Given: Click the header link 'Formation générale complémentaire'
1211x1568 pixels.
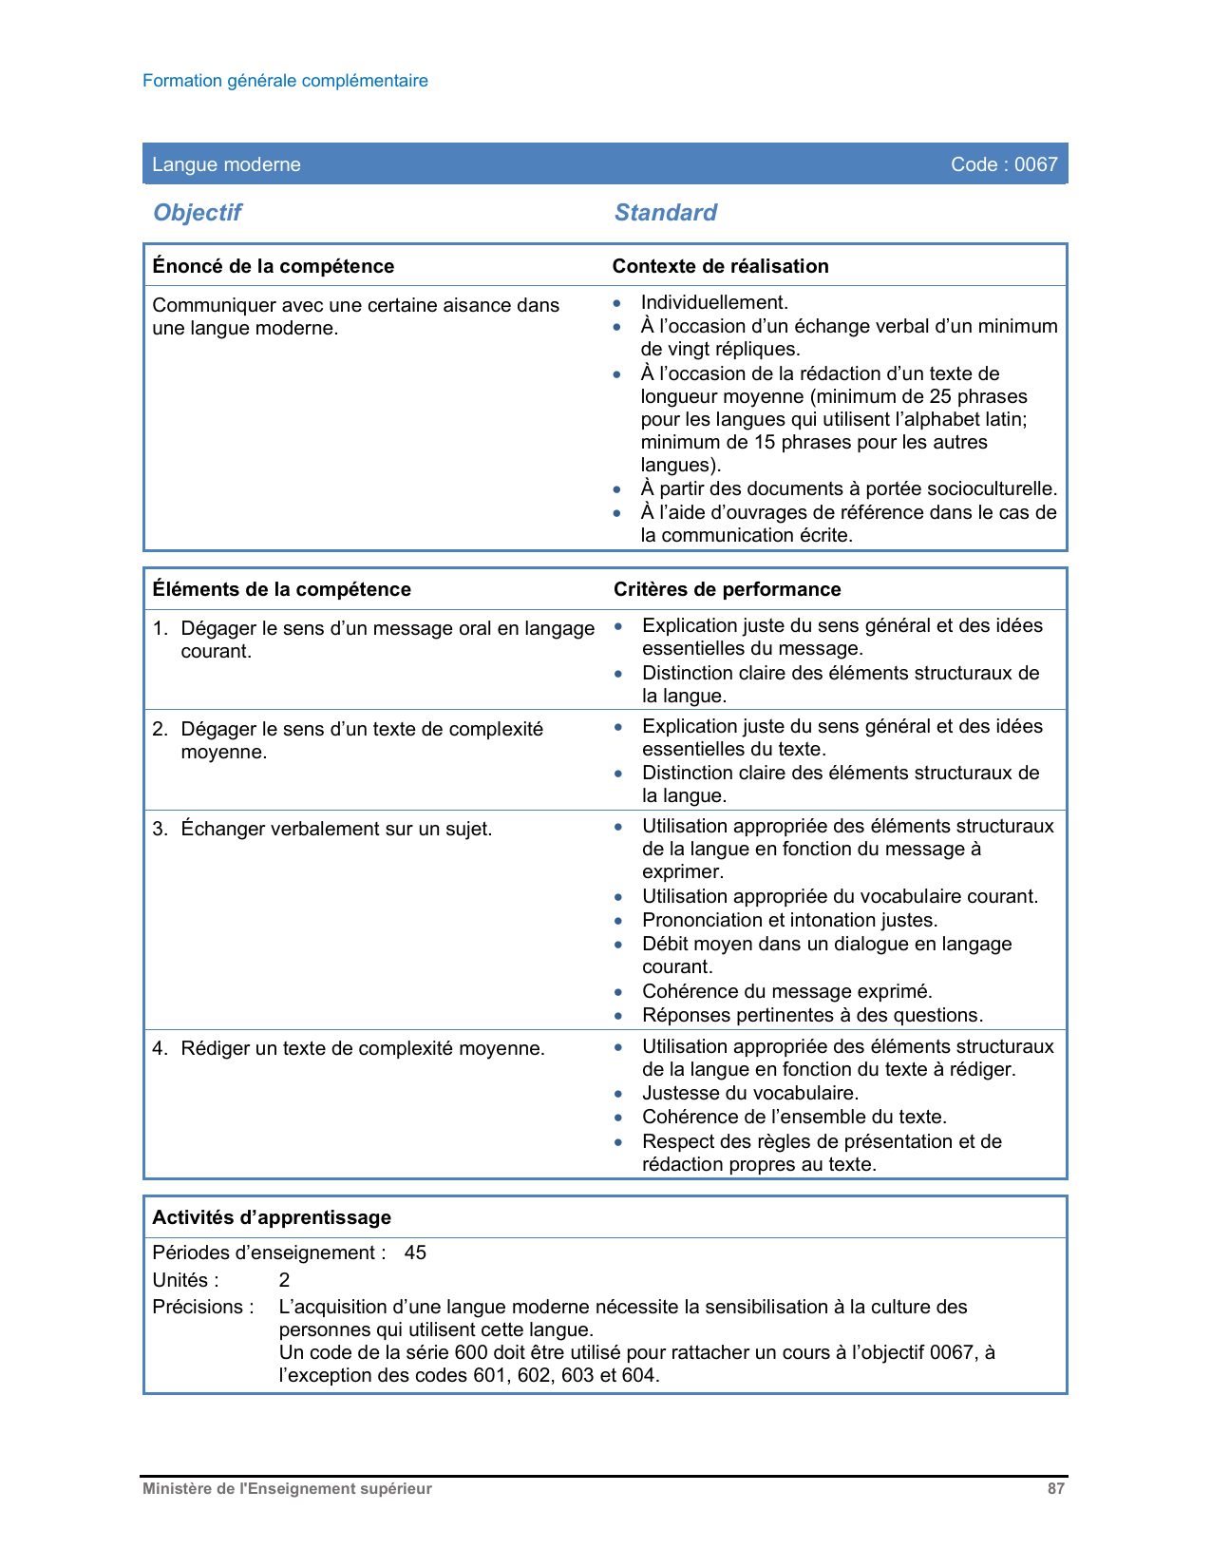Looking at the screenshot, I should coord(285,81).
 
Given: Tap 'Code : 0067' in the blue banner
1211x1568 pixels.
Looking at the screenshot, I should coord(1003,164).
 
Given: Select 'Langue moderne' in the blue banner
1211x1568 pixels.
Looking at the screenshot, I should coord(226,164).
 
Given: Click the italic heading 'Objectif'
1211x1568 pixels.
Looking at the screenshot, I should coord(198,213).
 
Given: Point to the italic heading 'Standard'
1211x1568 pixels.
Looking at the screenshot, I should coord(665,213).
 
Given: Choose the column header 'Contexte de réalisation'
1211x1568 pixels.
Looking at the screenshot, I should coord(720,266).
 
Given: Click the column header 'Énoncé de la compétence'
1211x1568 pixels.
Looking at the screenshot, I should coord(273,266).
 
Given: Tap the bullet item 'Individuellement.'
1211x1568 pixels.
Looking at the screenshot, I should coord(714,302).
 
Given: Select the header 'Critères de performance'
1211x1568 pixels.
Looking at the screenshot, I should coord(727,589).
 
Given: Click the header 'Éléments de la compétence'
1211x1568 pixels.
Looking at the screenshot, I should coord(281,589).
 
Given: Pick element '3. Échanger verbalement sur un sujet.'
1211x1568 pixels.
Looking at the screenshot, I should coord(323,829).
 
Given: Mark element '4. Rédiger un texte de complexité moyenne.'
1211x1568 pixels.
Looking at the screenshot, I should coord(349,1048).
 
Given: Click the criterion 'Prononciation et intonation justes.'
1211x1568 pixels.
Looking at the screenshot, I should coord(789,920).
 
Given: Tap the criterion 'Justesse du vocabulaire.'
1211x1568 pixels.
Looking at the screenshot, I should coord(750,1093).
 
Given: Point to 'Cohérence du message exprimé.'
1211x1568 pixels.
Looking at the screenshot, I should coord(786,991).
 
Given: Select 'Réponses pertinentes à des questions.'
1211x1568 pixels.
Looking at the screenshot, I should coord(812,1015).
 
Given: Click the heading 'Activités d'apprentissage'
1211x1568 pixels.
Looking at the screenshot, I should coord(272,1217).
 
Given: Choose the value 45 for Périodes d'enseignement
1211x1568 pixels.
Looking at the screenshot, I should coord(415,1252).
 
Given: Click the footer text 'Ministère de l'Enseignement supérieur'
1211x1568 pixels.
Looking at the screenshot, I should coord(287,1489).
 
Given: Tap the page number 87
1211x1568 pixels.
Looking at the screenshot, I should coord(1055,1489).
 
